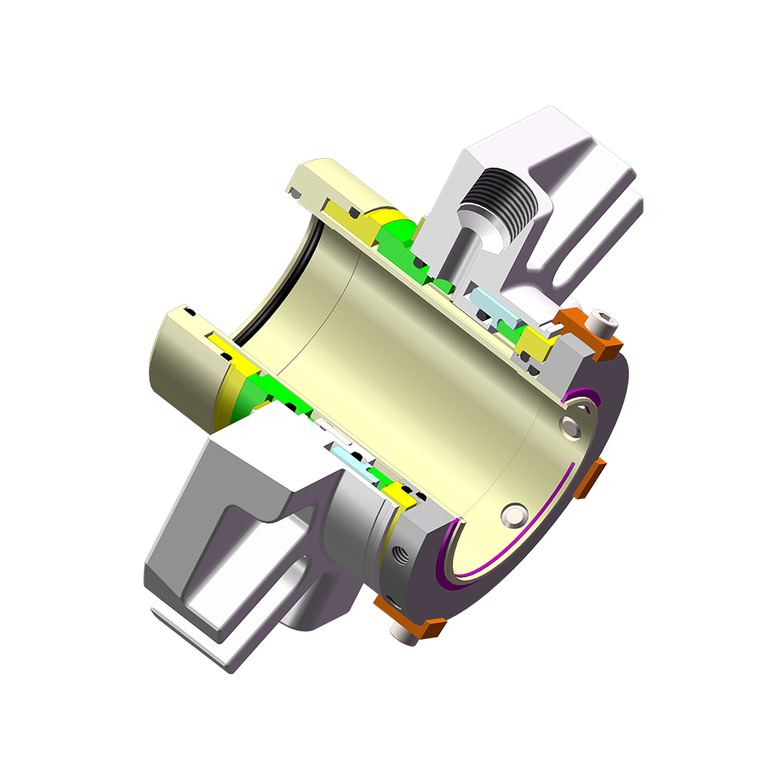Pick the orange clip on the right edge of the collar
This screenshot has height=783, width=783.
[x=590, y=479]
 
